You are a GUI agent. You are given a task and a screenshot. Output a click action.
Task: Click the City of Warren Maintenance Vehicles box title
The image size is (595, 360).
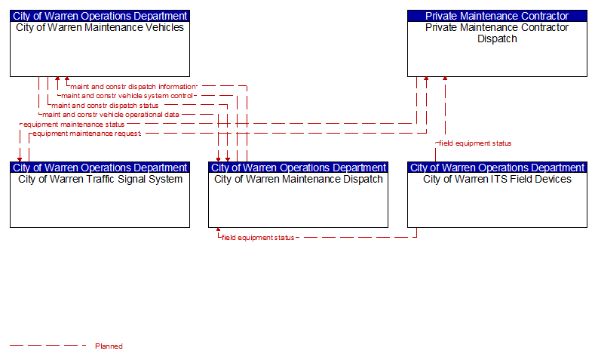tap(100, 28)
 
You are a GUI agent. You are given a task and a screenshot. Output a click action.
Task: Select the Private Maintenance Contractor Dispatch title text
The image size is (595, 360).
tap(497, 33)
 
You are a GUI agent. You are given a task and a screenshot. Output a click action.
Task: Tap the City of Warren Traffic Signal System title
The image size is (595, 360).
tap(100, 179)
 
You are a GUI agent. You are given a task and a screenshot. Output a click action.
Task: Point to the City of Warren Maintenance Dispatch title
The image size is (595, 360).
tap(299, 179)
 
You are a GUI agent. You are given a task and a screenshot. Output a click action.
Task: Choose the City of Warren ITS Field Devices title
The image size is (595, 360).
tap(497, 179)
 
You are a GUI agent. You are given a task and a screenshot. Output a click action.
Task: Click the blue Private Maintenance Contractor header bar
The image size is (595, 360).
tap(497, 16)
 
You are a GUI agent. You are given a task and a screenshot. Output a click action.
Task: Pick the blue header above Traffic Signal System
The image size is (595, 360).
tap(100, 168)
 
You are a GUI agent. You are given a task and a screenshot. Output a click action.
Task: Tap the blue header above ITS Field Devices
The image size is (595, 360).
tap(497, 168)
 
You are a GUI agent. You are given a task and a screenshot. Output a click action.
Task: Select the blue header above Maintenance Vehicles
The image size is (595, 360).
tap(100, 16)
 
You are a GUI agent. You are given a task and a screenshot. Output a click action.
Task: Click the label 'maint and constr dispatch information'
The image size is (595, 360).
tap(133, 87)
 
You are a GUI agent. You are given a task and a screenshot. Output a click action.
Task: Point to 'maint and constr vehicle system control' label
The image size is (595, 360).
tap(127, 96)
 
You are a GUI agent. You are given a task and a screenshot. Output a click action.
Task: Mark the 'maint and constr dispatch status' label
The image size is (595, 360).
tap(105, 106)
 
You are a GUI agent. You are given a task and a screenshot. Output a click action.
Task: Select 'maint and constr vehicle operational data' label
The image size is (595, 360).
tap(111, 115)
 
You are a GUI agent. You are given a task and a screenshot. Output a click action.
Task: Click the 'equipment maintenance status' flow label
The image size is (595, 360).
tap(74, 125)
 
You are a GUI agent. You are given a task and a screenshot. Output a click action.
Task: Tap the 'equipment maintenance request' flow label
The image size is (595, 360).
tap(87, 134)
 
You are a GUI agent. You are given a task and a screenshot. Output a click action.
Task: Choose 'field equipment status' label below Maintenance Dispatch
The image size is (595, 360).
tap(258, 238)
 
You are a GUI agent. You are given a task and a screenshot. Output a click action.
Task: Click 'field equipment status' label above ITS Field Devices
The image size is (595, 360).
tap(475, 143)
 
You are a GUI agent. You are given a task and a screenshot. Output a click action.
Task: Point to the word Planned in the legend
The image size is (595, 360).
tap(109, 346)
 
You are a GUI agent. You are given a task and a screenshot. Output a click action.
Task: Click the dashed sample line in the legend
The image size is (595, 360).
tap(48, 346)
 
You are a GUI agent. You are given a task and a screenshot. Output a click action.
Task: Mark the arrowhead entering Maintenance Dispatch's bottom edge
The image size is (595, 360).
tap(218, 229)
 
